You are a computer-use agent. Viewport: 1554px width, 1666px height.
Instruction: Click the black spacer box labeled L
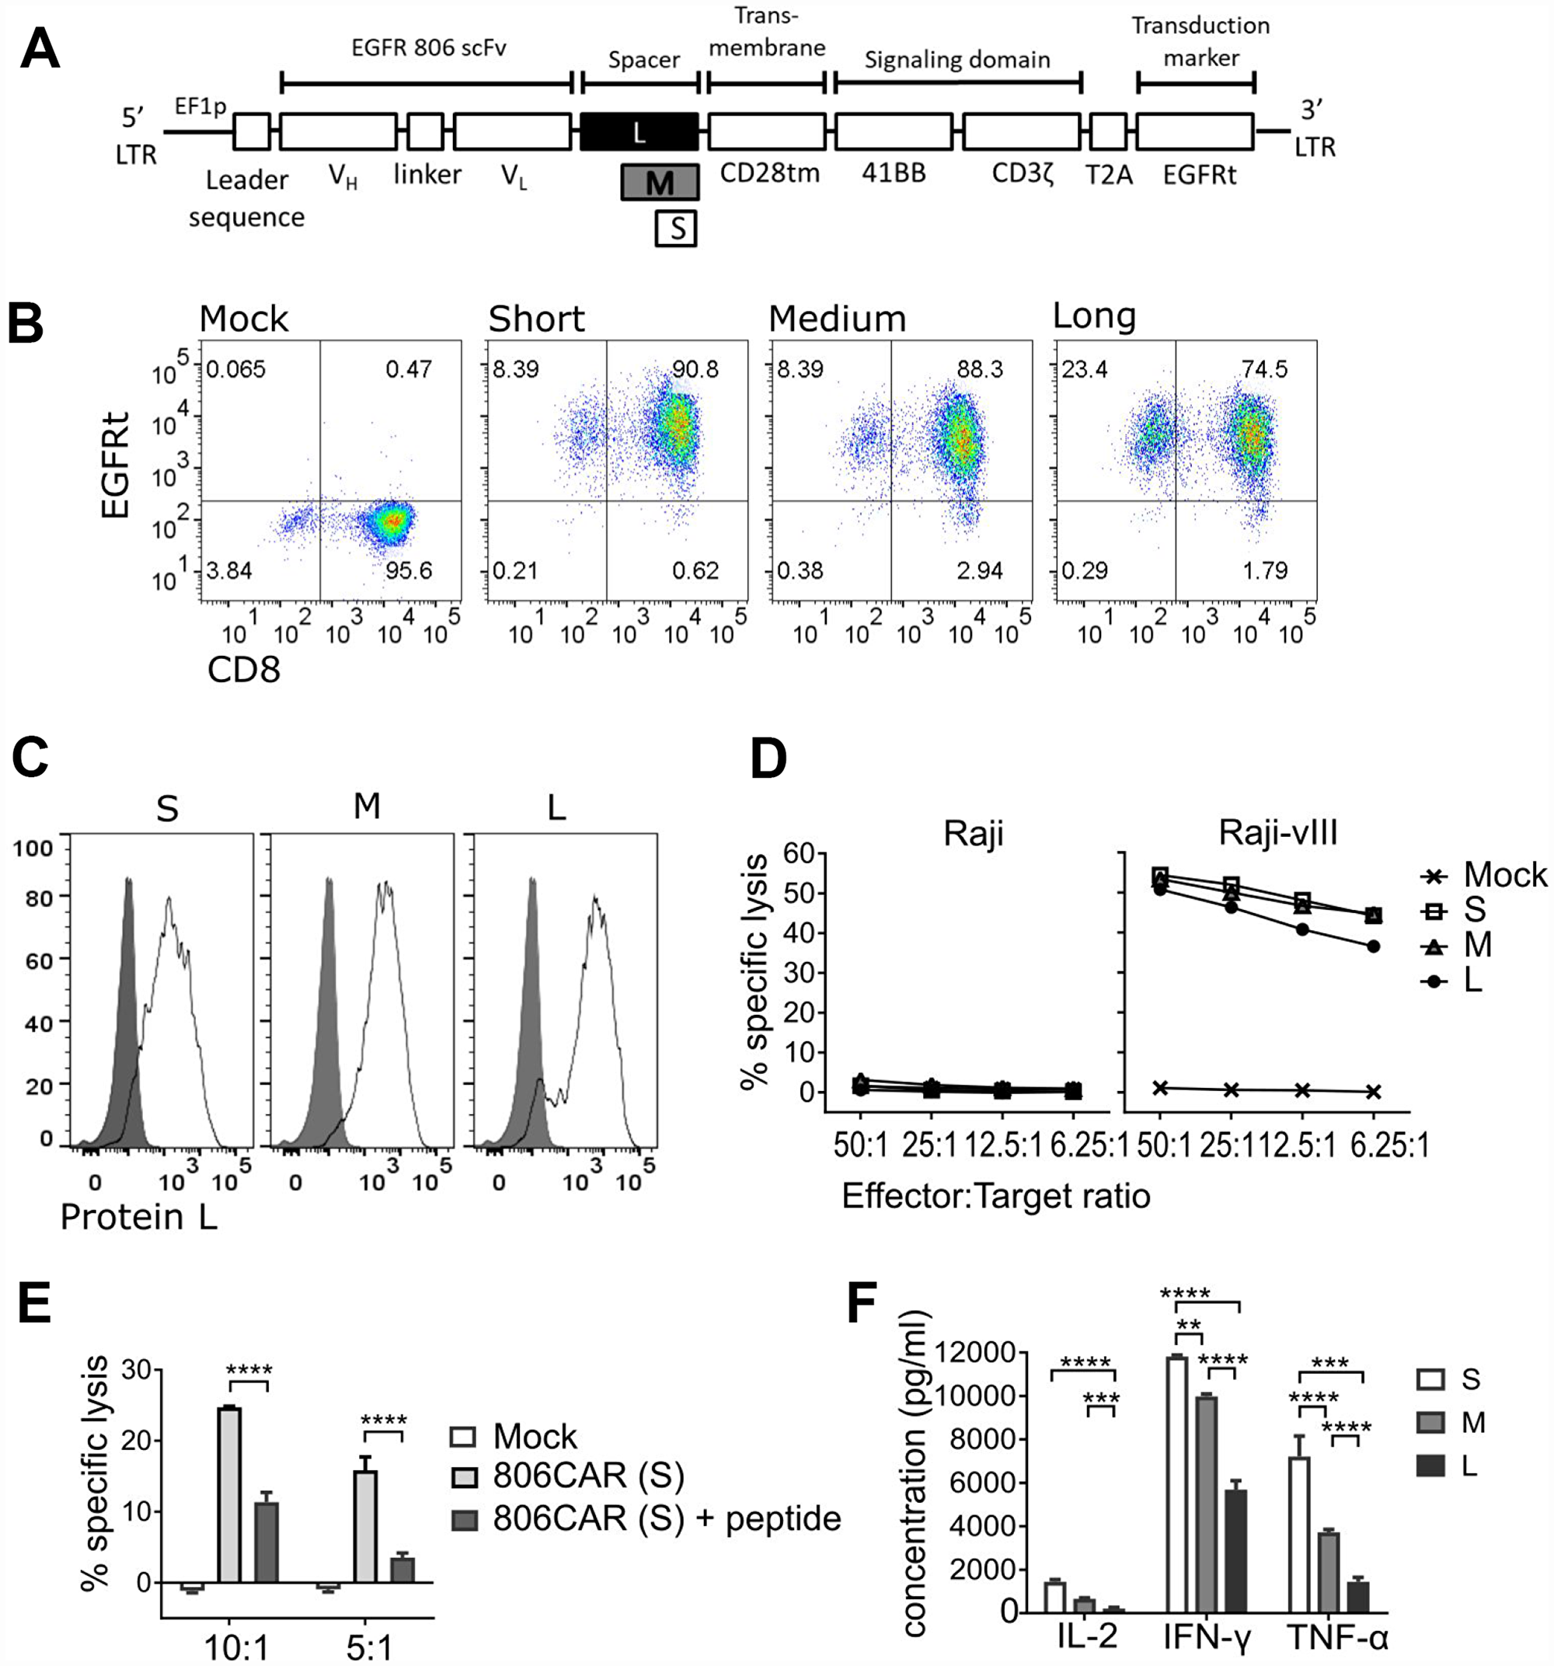639,131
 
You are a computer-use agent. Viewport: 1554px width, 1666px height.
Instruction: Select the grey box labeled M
660,182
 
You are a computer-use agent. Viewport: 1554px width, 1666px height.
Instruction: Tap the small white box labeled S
675,228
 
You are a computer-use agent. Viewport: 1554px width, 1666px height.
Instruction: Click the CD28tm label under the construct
769,173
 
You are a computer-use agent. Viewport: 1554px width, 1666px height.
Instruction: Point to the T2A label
1108,176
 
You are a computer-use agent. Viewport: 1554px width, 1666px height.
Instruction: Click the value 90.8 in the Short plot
695,370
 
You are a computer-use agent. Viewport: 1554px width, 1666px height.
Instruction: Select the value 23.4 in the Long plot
1085,370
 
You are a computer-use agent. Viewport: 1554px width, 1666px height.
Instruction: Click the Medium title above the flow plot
838,319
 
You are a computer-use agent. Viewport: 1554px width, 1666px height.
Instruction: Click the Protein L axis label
139,1217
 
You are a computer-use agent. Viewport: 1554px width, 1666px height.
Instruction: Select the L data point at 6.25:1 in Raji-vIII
1373,946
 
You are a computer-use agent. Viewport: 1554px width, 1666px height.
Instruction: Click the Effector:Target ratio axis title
996,1196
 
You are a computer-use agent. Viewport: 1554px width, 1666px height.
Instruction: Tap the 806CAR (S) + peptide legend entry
667,1518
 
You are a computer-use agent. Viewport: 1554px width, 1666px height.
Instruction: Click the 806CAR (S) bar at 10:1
228,1495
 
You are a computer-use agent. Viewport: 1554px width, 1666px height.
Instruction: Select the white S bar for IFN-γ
1177,1485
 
